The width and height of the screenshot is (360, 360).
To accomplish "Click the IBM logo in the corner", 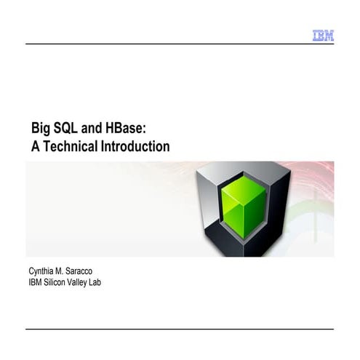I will pos(323,35).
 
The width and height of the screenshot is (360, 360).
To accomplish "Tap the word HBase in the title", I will pos(125,128).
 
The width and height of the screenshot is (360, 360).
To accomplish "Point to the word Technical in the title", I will pos(71,146).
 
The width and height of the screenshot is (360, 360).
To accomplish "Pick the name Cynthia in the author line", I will pos(41,271).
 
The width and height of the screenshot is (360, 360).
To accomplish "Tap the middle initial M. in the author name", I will pos(63,271).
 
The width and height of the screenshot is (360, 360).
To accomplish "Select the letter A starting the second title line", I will pos(33,146).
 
